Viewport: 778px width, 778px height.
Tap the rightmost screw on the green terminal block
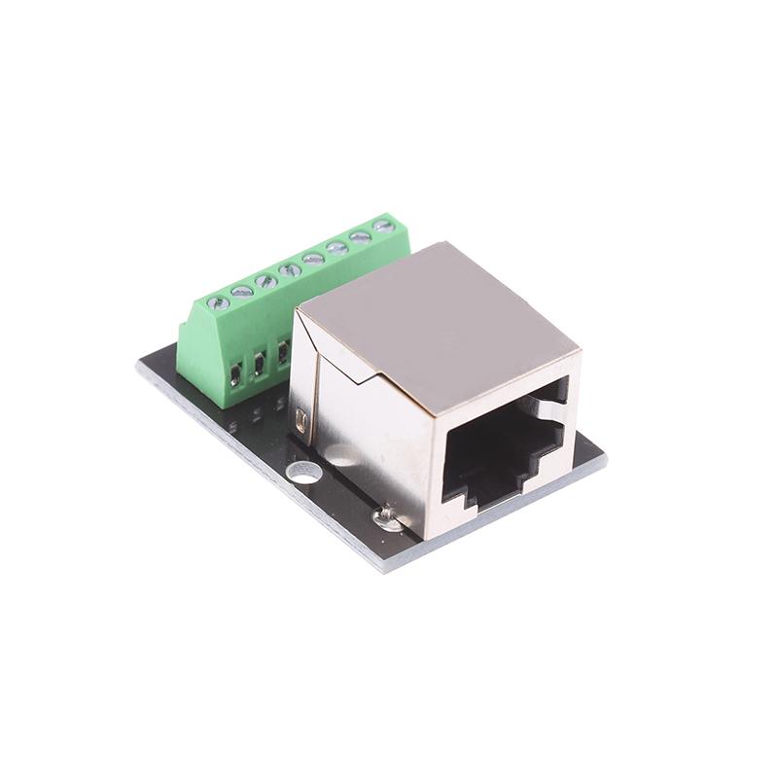[383, 227]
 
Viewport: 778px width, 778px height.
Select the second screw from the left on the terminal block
[242, 291]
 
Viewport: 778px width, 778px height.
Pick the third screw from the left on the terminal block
[265, 280]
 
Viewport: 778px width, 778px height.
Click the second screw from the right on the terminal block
[361, 236]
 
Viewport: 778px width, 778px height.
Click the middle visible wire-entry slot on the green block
[260, 364]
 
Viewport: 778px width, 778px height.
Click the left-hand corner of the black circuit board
[138, 368]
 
